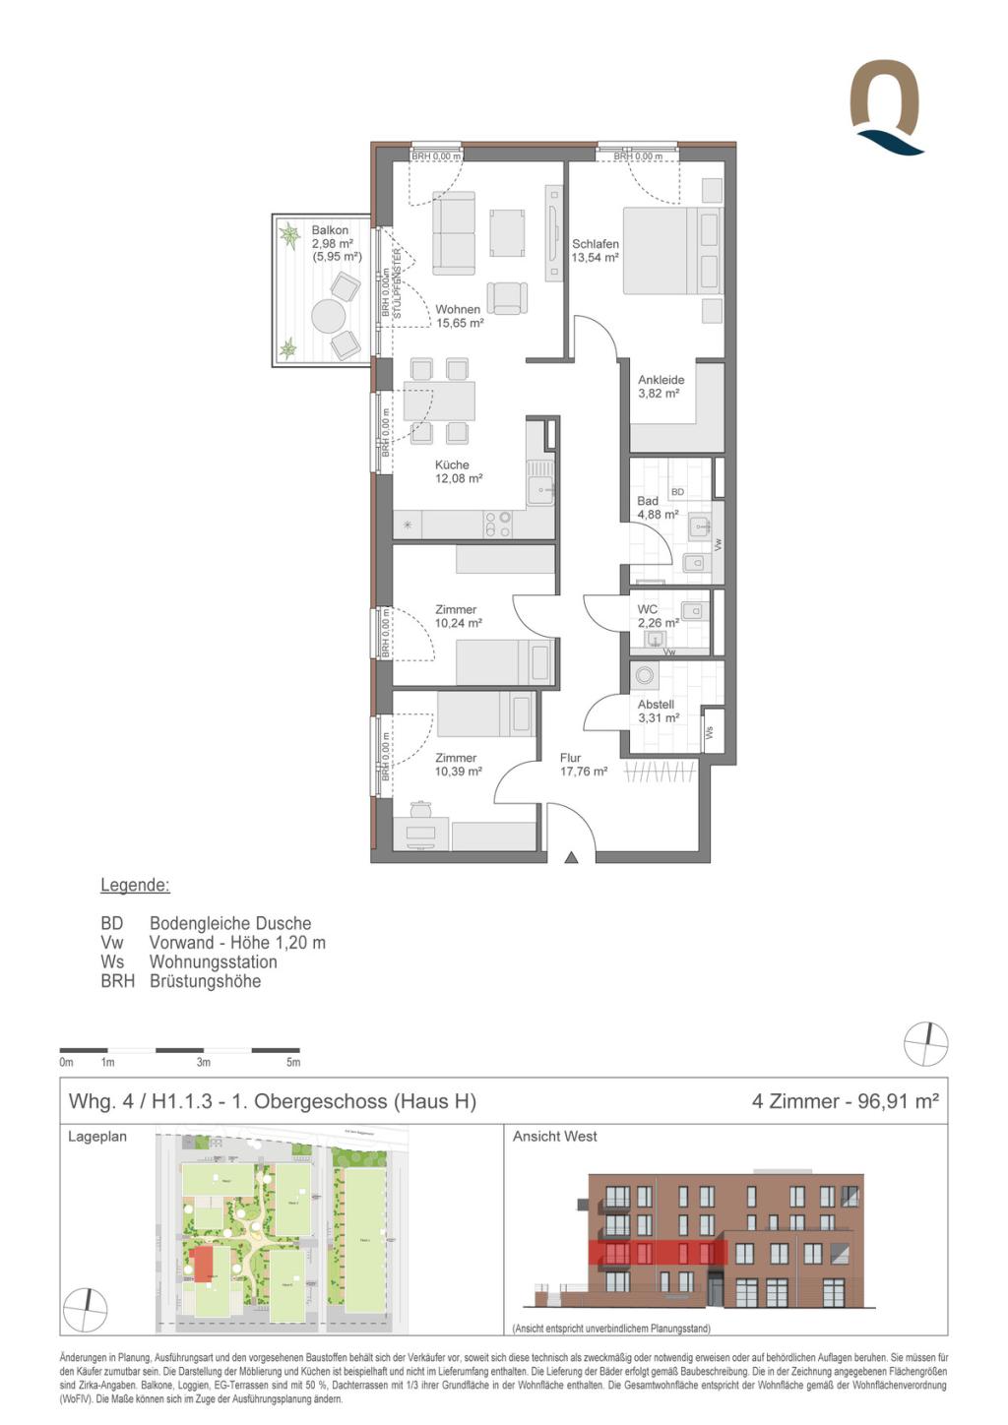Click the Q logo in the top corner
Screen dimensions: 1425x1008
tap(885, 106)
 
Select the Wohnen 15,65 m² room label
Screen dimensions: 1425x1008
tap(459, 316)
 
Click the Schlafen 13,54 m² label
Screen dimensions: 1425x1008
tap(596, 251)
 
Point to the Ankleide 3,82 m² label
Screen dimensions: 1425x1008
tap(661, 387)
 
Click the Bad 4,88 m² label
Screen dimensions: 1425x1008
tap(656, 508)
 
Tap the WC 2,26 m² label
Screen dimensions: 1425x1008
tap(657, 616)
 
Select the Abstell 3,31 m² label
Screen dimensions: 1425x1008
tap(658, 712)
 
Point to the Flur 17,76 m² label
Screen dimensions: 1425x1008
tap(583, 765)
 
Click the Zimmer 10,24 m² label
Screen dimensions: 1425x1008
tap(457, 616)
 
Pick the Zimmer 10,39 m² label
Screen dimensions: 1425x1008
tap(458, 765)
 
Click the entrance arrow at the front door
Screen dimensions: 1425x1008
tap(571, 858)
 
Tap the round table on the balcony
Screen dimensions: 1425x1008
tap(328, 317)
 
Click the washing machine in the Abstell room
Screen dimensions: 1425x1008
tap(645, 676)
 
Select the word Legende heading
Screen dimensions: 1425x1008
tap(135, 885)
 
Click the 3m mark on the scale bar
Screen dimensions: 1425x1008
tap(203, 1062)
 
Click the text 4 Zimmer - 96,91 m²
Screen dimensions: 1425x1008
tap(845, 1101)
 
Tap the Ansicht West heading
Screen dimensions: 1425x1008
tap(554, 1137)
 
